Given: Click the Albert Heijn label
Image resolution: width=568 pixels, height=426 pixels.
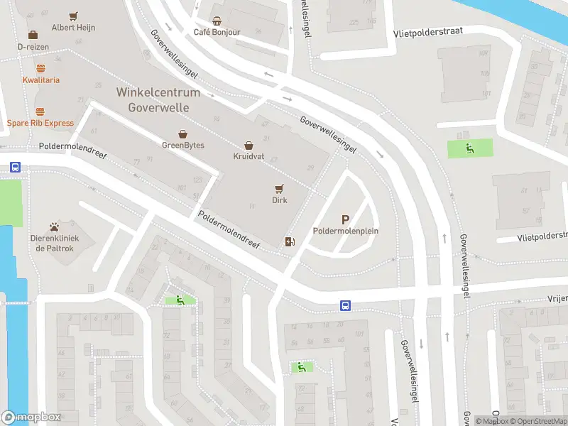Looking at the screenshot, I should [73, 28].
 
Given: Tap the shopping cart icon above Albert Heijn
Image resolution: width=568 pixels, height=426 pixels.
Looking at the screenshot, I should [73, 16].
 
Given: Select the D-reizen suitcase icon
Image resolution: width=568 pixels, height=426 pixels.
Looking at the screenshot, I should [33, 35].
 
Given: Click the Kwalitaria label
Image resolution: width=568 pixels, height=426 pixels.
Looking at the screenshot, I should [41, 80].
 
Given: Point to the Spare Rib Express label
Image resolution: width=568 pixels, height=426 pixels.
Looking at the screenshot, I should [40, 123].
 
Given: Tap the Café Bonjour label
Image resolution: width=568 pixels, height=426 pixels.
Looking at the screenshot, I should [217, 33].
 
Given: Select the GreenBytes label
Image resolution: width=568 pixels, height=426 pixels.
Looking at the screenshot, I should [183, 146].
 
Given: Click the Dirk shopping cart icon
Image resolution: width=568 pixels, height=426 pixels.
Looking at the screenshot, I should [279, 189].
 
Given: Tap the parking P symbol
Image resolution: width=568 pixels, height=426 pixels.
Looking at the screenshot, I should [346, 220].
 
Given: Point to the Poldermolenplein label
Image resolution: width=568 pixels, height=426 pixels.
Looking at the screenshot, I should [346, 231].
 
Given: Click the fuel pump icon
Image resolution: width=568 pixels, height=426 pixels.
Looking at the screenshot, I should [289, 242].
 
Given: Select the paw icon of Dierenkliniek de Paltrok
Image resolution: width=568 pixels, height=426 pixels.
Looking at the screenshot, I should [54, 226].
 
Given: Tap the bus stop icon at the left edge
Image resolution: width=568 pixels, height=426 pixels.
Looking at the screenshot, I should [15, 168].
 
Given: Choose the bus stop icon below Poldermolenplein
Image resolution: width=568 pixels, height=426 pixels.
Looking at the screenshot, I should [345, 306].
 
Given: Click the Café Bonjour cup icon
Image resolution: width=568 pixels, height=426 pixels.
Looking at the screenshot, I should [217, 21].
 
